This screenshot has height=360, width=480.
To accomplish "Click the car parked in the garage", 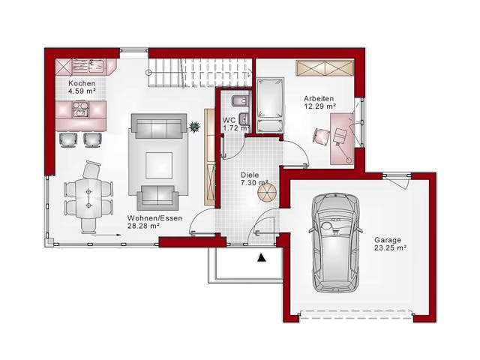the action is [x=335, y=242].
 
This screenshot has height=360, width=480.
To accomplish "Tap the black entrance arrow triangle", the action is [x=261, y=258].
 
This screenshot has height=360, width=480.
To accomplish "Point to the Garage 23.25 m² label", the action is [x=390, y=244].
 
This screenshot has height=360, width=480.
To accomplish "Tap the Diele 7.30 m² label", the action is [x=254, y=178].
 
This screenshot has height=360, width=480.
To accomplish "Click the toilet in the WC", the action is [x=240, y=100].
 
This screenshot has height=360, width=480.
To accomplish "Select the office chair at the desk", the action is [x=321, y=136].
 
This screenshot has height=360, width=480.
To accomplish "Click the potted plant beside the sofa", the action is [x=194, y=127].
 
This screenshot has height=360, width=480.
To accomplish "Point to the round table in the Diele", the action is [x=267, y=193].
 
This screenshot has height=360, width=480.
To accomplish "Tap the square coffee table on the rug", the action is [x=159, y=165].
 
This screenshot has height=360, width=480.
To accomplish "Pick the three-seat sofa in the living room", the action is [x=159, y=126].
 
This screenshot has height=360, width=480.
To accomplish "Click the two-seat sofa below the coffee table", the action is [x=158, y=197].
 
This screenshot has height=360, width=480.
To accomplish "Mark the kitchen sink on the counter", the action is [x=97, y=65].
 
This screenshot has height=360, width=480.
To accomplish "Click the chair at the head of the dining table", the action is [x=91, y=169].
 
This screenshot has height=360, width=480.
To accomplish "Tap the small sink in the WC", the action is [x=243, y=118].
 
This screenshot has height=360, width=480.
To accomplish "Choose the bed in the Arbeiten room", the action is [x=270, y=106].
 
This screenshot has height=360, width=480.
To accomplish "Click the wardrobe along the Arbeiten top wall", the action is [x=325, y=67].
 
